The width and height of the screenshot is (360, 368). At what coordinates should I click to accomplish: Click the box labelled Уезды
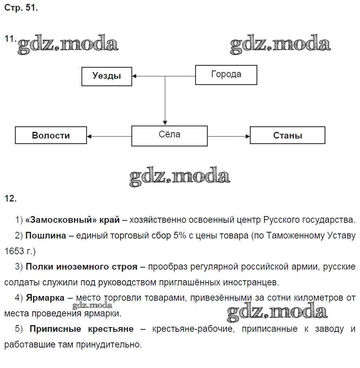[x=107, y=76]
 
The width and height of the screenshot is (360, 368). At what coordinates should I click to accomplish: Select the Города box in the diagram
[x=226, y=75]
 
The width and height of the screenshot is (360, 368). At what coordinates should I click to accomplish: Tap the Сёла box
[x=169, y=136]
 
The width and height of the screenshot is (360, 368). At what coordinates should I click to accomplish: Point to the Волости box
[x=51, y=135]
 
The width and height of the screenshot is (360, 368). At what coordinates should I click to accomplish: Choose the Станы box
[x=287, y=135]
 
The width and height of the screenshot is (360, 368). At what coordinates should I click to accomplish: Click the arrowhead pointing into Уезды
[x=135, y=76]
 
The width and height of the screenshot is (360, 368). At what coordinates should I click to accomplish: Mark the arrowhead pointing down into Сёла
[x=165, y=123]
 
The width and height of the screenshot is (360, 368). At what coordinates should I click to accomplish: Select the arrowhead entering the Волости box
[x=89, y=136]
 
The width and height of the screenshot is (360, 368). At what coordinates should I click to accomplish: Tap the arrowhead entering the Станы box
[x=247, y=136]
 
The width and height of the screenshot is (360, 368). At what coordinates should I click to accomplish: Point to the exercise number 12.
[x=10, y=199]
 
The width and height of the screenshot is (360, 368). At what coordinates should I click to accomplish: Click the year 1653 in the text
[x=14, y=251]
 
